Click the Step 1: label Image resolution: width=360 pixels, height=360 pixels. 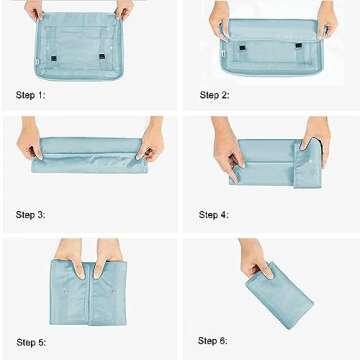pos(30,96)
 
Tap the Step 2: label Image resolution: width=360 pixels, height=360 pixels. pos(214,96)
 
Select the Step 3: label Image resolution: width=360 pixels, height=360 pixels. pos(30,215)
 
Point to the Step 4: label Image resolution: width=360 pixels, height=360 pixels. pos(214,215)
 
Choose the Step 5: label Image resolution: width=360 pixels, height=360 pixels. pos(30,342)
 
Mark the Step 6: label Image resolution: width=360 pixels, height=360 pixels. pos(214,341)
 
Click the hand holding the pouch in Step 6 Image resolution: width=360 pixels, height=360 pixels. pos(255,263)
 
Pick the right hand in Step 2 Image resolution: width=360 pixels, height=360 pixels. pos(327,16)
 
